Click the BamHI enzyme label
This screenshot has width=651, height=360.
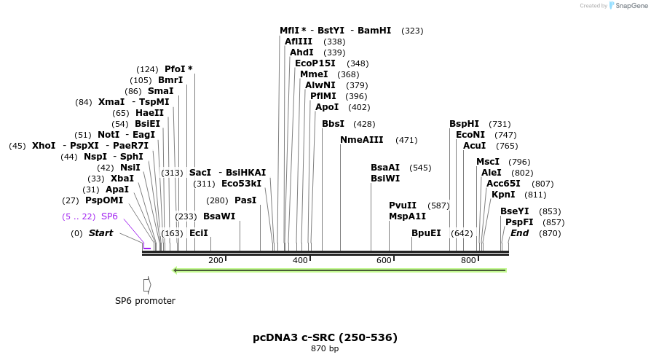coord(374,31)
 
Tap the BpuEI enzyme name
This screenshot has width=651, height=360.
coord(426,233)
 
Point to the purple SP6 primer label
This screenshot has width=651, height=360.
coord(109,216)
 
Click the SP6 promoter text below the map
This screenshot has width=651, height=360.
coord(145,301)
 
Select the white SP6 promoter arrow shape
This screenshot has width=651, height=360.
coord(147,284)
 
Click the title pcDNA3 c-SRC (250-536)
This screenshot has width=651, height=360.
coord(325,337)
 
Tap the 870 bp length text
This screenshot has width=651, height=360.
coord(325,349)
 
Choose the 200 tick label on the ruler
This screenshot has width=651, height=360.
coord(216,261)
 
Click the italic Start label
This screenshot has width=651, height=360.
coord(100,233)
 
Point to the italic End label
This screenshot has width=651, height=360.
coord(519,233)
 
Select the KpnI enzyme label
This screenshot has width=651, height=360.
coord(503,195)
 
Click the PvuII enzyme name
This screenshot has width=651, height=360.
coord(403,206)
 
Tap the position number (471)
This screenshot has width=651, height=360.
coord(406,140)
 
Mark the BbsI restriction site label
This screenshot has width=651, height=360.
coord(333,124)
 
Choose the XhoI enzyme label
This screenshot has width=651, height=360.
coord(44,146)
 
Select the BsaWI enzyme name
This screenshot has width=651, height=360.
coord(219,216)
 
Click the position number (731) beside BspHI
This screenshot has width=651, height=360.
coord(500,124)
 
